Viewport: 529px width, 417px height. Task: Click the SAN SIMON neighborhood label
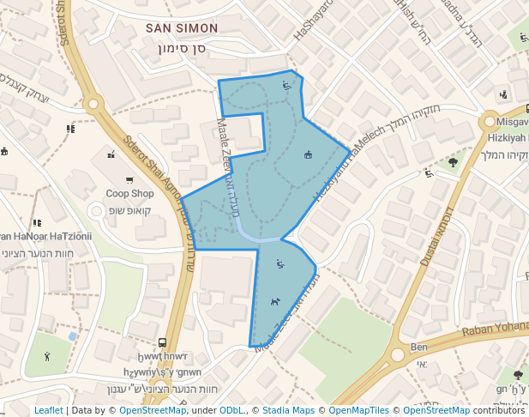(182, 28)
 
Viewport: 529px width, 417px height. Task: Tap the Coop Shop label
(130, 194)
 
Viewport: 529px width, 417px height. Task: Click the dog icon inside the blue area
(274, 301)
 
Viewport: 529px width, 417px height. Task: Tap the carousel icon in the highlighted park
(309, 154)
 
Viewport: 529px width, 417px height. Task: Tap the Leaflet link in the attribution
(48, 410)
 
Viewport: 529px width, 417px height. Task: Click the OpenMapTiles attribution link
(358, 410)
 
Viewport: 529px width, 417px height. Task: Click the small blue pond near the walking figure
(72, 336)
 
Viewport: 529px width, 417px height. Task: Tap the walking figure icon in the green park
(47, 356)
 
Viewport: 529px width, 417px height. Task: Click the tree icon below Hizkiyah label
(453, 161)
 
